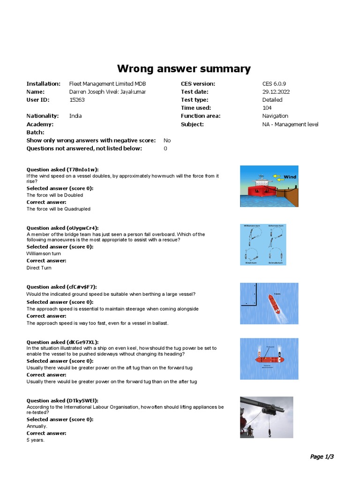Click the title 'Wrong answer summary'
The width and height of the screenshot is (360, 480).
(x=184, y=68)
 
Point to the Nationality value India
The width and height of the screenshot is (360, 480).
(x=75, y=116)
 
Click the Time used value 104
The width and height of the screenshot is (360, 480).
(x=267, y=108)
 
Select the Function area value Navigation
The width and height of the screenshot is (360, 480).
(x=275, y=116)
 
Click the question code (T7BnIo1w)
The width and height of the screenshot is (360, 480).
(x=83, y=170)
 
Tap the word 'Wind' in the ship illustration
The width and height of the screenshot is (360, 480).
(x=291, y=177)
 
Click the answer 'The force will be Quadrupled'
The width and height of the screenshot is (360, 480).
(x=59, y=209)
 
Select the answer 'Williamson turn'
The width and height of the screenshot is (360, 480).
(x=44, y=254)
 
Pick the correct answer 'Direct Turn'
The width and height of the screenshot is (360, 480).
(x=39, y=268)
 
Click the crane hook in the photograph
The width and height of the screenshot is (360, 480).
(x=270, y=433)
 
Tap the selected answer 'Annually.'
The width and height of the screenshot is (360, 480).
(x=37, y=426)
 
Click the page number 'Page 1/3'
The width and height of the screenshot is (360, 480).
(x=322, y=457)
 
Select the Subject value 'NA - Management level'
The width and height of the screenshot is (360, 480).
(x=290, y=124)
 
